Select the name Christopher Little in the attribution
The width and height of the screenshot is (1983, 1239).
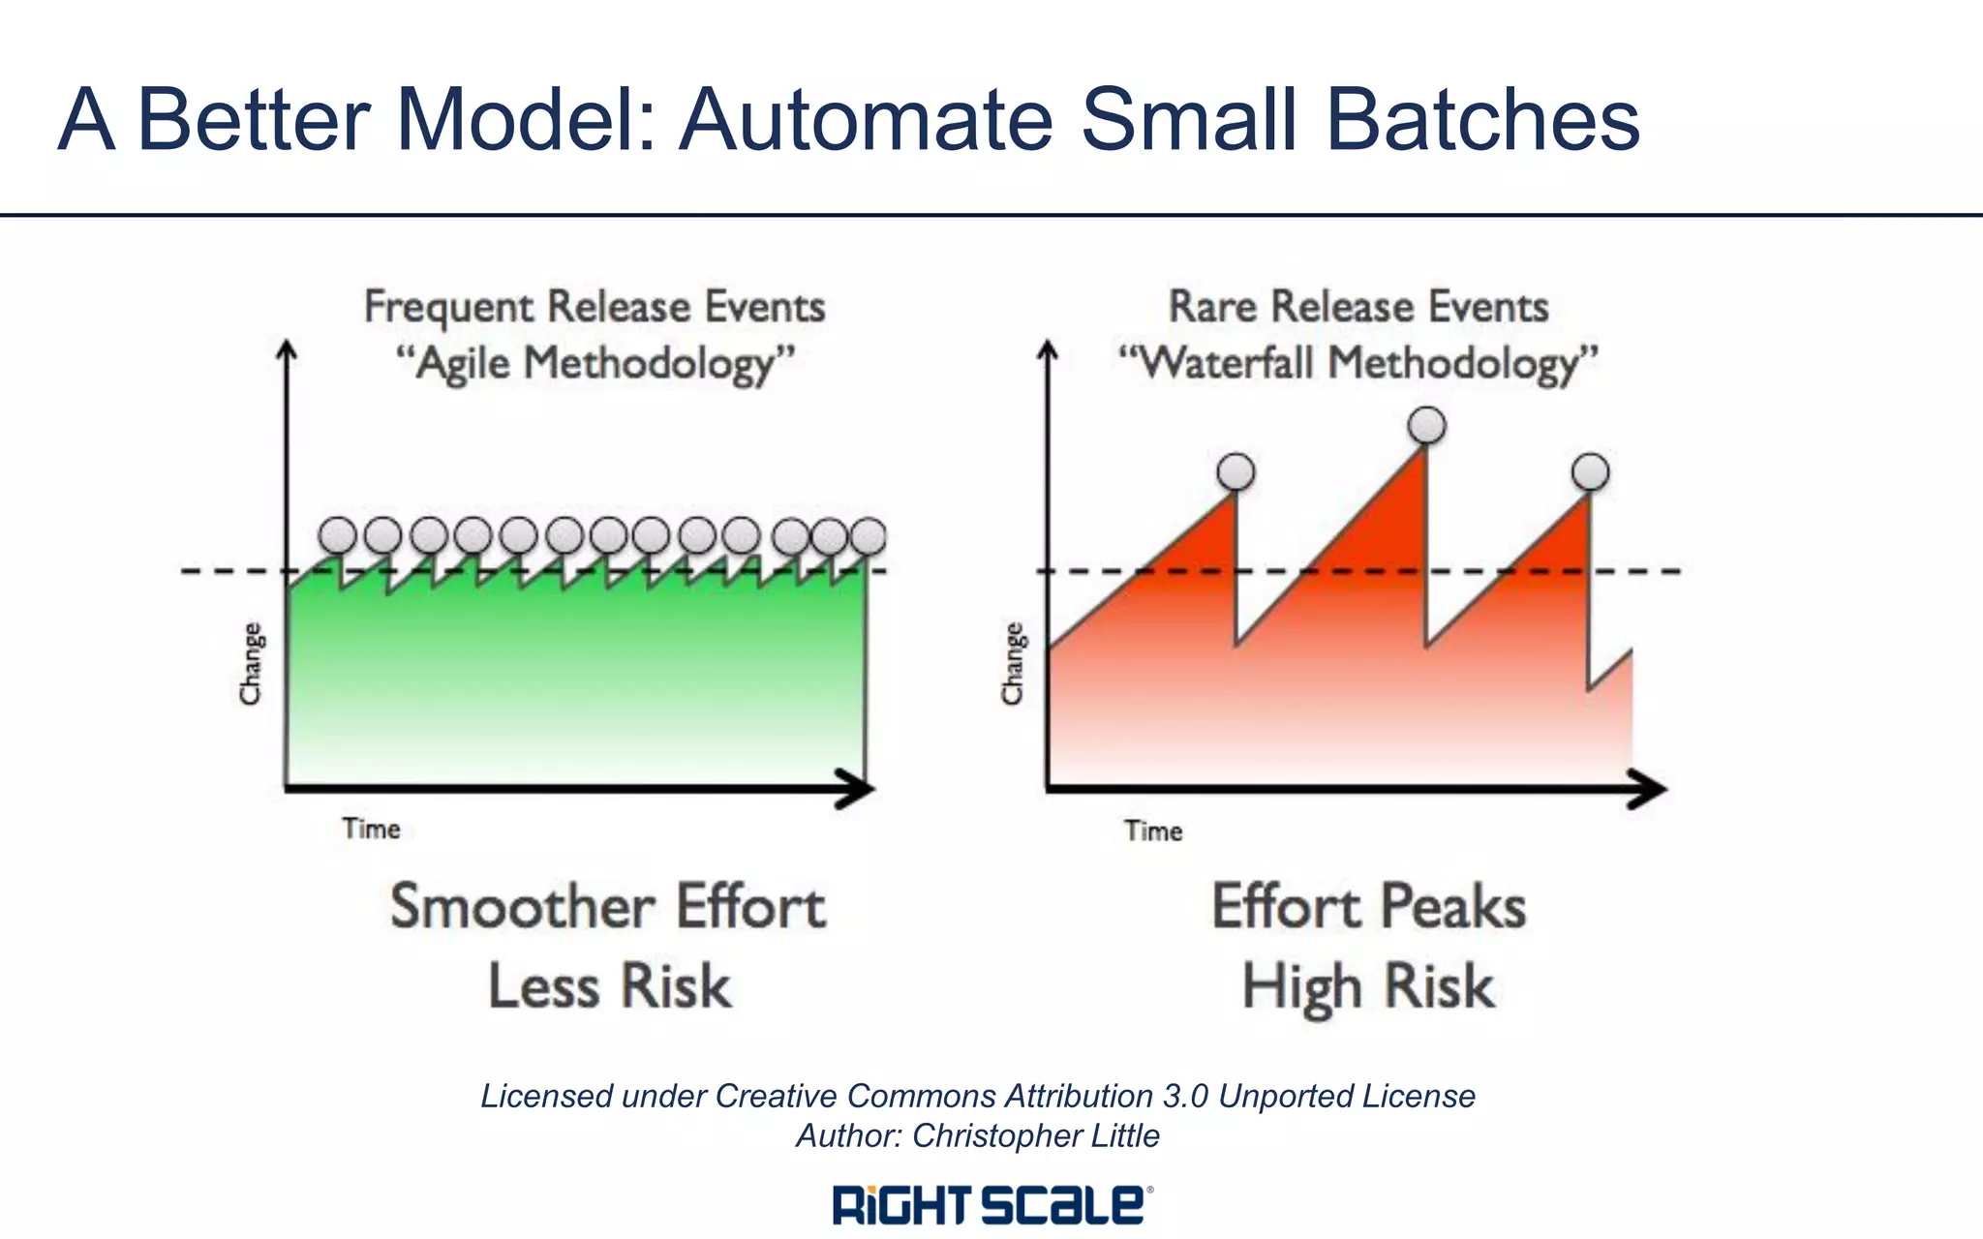(x=1035, y=1135)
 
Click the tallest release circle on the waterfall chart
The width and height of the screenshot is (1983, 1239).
(x=1426, y=425)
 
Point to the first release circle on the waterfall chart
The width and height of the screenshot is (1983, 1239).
(x=1236, y=472)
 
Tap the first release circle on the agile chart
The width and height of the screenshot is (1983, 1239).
(x=338, y=534)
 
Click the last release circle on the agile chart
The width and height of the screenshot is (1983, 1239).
(x=868, y=535)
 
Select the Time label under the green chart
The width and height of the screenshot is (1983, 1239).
(x=371, y=830)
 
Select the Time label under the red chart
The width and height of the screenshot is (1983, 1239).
(x=1153, y=831)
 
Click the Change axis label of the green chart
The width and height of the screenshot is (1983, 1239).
(x=251, y=664)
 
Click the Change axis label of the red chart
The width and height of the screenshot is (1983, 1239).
(x=1013, y=664)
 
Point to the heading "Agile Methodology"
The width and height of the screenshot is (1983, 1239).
(x=595, y=365)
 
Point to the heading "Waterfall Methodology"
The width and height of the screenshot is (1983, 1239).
(x=1358, y=365)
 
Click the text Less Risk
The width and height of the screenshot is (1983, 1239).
(x=609, y=987)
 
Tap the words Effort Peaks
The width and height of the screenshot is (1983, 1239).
(x=1368, y=907)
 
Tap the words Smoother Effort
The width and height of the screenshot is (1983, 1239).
(x=608, y=907)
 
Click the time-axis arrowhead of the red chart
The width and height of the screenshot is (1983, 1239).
(x=1649, y=790)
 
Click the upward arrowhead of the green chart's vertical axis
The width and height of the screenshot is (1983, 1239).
(x=287, y=350)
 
